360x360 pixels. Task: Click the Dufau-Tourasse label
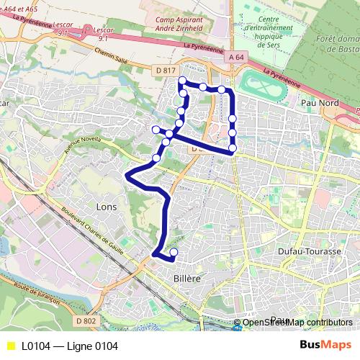(309, 251)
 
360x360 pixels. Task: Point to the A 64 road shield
(234, 56)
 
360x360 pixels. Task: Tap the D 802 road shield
(85, 320)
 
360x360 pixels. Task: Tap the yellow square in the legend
(10, 346)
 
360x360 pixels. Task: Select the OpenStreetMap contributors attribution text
(297, 322)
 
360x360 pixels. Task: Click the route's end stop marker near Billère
(174, 251)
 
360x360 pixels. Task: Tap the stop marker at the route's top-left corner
(182, 81)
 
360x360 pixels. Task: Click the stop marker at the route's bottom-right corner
(233, 148)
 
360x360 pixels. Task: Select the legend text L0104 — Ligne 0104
(69, 346)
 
